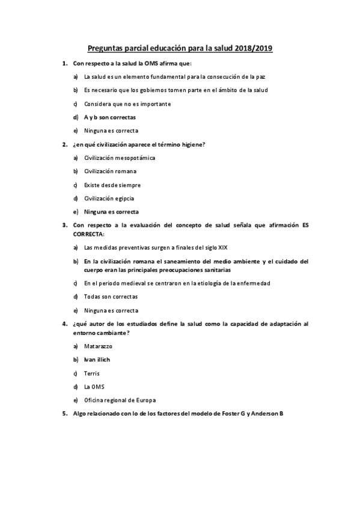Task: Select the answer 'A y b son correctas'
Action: pyautogui.click(x=110, y=117)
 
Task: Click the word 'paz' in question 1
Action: pyautogui.click(x=260, y=76)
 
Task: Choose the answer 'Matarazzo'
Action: pyautogui.click(x=98, y=346)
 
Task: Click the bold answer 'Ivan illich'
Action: pyautogui.click(x=97, y=360)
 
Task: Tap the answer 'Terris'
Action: pyautogui.click(x=92, y=373)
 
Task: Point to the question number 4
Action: pyautogui.click(x=65, y=324)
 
